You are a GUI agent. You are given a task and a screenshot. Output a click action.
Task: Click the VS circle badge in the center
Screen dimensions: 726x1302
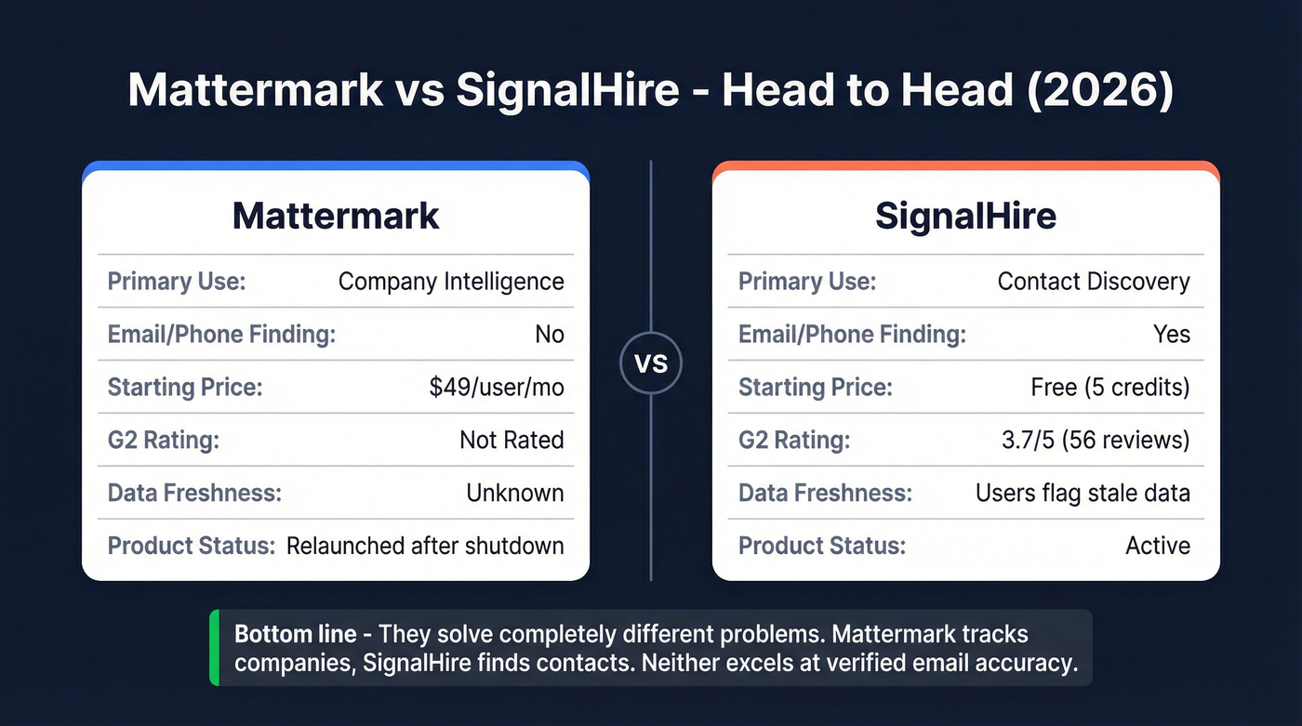651,363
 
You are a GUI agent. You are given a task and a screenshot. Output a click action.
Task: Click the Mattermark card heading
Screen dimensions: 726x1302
336,216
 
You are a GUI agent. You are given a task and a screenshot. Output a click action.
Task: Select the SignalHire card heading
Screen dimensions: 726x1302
965,216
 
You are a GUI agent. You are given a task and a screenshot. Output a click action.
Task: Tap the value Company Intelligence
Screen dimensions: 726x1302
451,282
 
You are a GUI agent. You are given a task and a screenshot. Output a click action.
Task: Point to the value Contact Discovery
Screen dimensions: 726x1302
1094,282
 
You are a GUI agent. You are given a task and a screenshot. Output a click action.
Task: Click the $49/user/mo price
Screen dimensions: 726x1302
497,387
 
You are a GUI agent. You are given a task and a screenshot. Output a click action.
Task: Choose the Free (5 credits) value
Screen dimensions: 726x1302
1110,387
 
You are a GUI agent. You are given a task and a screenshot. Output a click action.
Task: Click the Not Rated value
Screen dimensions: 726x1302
511,440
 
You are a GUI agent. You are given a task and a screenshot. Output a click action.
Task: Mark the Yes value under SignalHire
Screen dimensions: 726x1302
1171,334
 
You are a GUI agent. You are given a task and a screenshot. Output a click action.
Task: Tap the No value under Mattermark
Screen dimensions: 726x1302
550,334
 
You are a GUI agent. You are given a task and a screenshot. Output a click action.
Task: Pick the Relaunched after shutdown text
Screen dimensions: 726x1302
425,546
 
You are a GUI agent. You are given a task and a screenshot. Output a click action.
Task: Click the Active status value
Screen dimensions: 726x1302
1158,546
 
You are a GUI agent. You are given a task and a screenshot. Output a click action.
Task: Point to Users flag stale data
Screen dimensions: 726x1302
1083,493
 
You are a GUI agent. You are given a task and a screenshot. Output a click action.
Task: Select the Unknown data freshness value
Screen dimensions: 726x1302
515,493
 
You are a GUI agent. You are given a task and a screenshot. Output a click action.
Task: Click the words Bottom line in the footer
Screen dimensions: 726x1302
295,635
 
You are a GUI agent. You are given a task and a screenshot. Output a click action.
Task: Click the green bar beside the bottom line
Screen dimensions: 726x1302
215,648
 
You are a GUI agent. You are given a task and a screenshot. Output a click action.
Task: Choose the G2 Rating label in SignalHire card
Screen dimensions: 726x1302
794,440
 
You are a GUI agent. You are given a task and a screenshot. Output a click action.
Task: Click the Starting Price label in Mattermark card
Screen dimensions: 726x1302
185,387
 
